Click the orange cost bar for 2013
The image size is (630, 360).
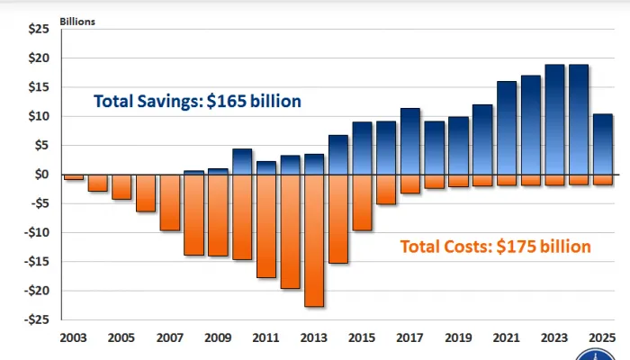[x=314, y=240]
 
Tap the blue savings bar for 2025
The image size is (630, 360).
[x=604, y=144]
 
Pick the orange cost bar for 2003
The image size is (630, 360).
[x=73, y=177]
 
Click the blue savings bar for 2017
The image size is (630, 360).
[x=410, y=141]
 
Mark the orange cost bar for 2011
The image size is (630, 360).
[x=265, y=226]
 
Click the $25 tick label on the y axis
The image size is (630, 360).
[x=37, y=29]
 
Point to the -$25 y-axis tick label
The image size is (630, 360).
[x=35, y=319]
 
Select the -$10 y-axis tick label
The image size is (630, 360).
[x=35, y=232]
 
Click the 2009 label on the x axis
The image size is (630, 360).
[x=219, y=338]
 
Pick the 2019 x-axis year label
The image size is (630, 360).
[x=459, y=338]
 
